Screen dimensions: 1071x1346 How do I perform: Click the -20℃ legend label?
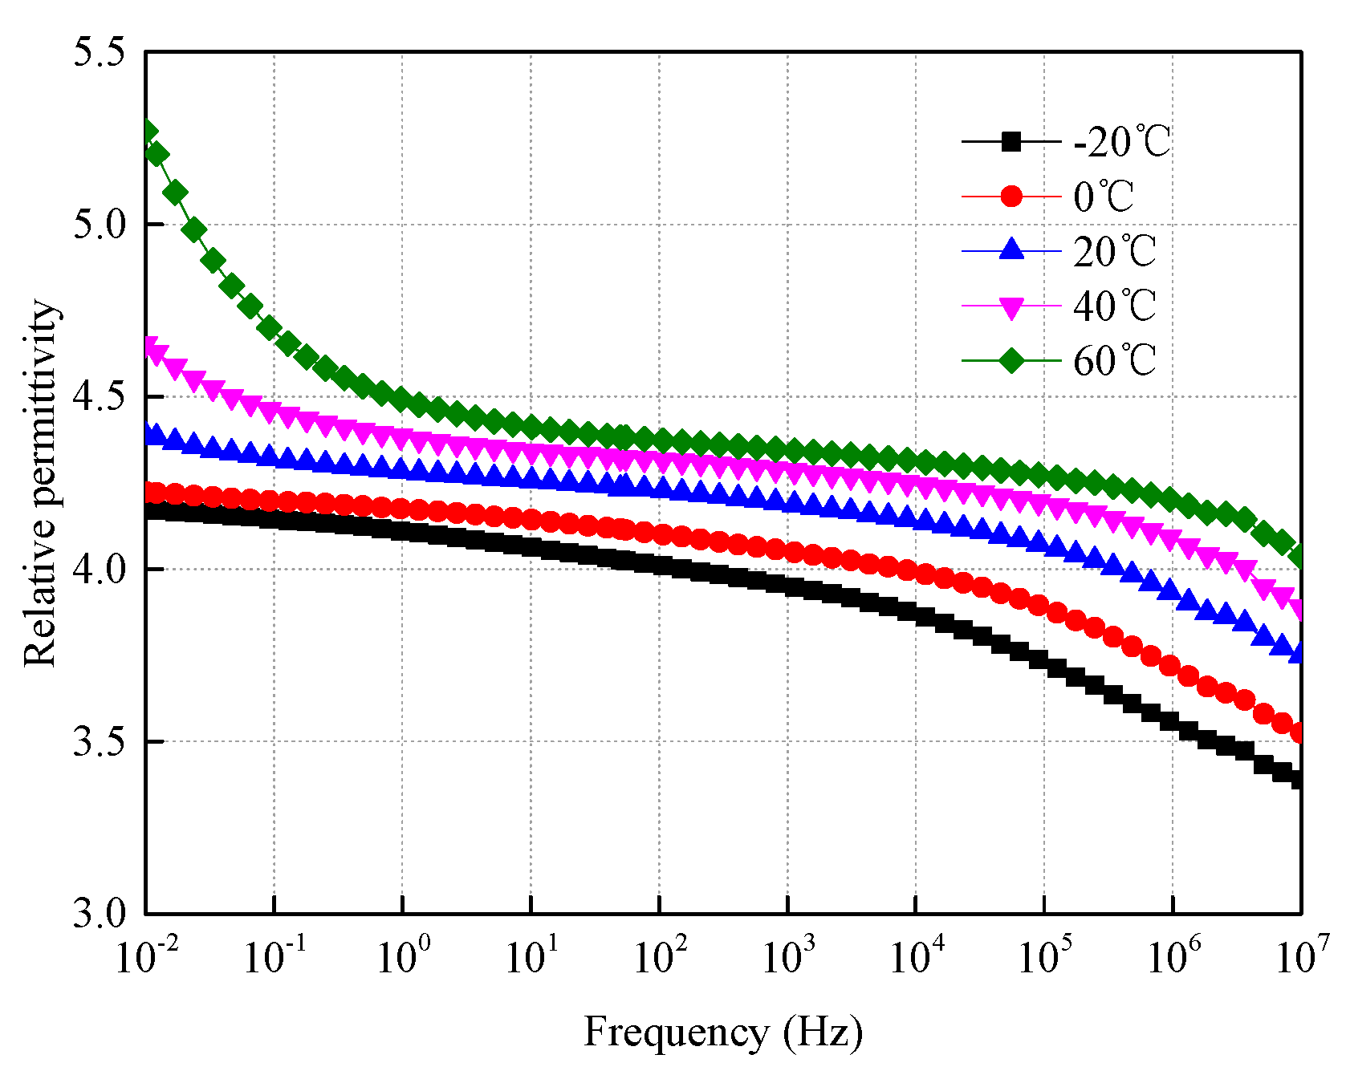click(1122, 143)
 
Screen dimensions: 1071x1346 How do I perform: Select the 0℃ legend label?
click(1104, 197)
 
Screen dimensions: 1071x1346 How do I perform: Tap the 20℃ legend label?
click(1115, 252)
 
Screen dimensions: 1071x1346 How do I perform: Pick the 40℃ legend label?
click(1115, 306)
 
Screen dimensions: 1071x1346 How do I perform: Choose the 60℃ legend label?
click(1115, 361)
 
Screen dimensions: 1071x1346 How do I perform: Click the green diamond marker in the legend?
click(1012, 361)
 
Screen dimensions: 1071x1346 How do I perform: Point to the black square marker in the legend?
click(1012, 143)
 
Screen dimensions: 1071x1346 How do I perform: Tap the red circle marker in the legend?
click(1012, 197)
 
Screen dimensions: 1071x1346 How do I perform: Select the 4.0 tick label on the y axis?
click(100, 569)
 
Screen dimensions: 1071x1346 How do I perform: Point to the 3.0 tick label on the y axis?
click(100, 914)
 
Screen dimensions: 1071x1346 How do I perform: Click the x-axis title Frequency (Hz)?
click(722, 1032)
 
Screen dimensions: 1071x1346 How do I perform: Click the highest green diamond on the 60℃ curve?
click(148, 132)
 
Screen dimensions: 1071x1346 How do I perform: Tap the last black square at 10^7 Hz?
click(1299, 779)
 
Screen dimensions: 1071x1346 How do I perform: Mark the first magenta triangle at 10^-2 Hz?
click(149, 347)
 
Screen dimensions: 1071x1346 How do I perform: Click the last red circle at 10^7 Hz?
click(1299, 732)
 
